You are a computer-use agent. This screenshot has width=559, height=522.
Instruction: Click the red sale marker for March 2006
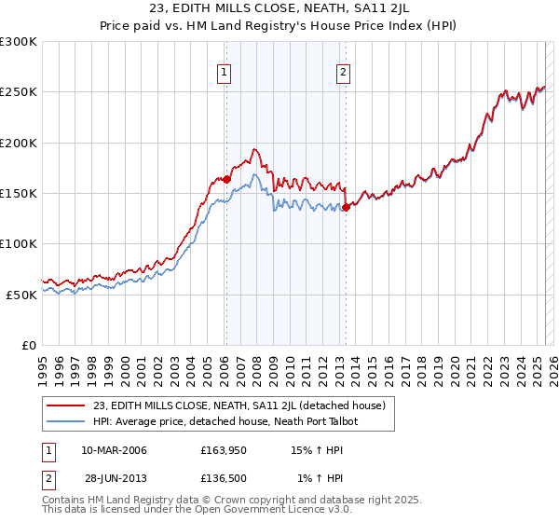pos(226,179)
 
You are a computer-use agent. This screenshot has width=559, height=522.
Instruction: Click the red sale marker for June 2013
pos(346,207)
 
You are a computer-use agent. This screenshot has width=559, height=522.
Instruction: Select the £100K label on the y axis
pos(20,243)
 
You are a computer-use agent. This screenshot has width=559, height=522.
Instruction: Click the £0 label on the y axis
pos(29,345)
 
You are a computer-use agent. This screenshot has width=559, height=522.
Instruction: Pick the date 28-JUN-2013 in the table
pos(114,478)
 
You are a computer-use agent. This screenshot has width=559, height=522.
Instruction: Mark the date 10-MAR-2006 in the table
pos(114,450)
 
